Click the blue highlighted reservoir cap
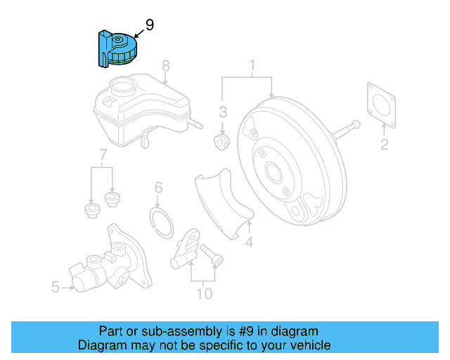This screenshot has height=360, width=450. pos(117,49)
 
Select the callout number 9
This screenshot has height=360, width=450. pos(150,25)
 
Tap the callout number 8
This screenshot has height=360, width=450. pos(166,65)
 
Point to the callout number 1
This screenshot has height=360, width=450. pos(252,65)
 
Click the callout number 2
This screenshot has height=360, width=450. pos(385,144)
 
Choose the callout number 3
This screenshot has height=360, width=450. pos(223,112)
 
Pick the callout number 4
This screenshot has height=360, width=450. pos(249,242)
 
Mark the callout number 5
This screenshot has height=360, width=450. pos(56,287)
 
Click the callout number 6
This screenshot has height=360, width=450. pos(158,188)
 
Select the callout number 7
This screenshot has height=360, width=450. pos(103,155)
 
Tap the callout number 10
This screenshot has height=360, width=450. pos(205,294)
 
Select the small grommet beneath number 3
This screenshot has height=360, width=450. pos(221,141)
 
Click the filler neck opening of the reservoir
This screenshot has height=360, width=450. pos(123,84)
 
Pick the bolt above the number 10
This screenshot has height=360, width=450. pos(212,255)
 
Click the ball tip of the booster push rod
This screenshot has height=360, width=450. pos(356,124)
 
